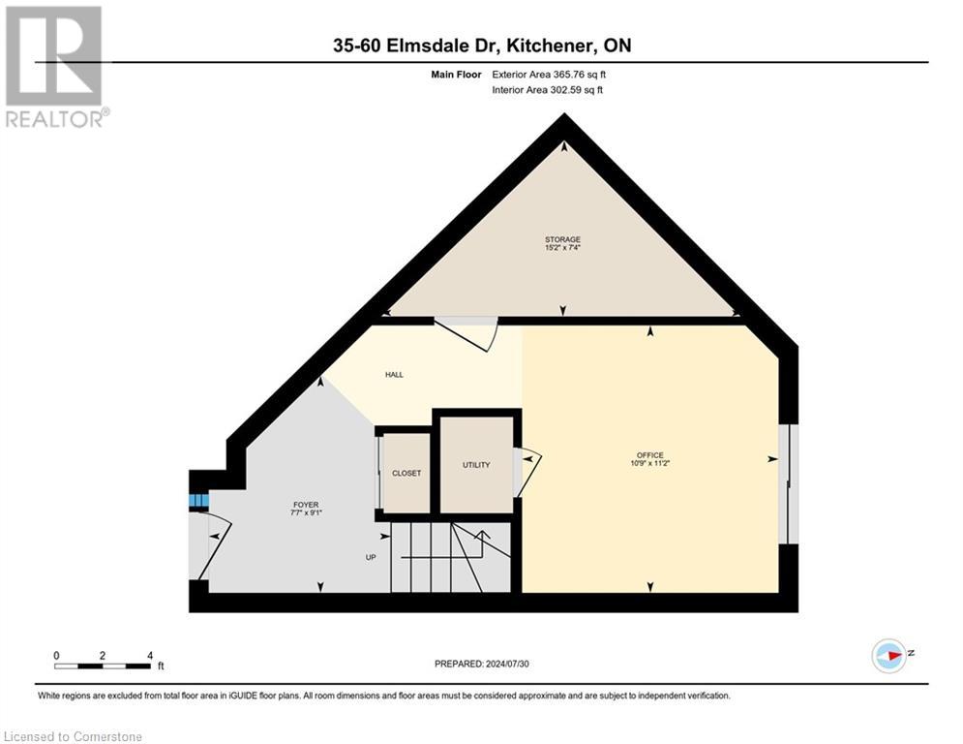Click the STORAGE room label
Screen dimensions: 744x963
tap(562, 239)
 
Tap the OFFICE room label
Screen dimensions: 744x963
tap(649, 454)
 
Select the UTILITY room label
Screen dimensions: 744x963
tap(476, 465)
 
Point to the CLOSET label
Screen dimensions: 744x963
tap(406, 474)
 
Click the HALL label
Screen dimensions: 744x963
tap(394, 375)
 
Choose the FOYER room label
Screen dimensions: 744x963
tap(306, 505)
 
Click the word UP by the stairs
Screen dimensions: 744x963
tap(371, 557)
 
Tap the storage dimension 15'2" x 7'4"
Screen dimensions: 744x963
tap(562, 249)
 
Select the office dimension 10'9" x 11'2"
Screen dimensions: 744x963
tap(649, 464)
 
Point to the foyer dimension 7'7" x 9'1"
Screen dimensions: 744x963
tap(306, 513)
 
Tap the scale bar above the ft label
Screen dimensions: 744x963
tap(103, 666)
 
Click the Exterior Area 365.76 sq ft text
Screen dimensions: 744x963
tap(549, 74)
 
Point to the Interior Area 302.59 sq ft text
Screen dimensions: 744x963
tap(548, 90)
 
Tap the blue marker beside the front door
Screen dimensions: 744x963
tap(198, 501)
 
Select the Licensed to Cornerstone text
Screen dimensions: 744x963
tap(74, 737)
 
